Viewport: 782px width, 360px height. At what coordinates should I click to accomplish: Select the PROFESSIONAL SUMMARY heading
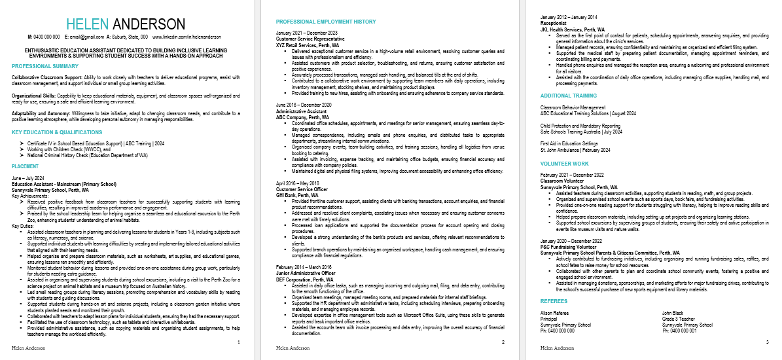(x=45, y=66)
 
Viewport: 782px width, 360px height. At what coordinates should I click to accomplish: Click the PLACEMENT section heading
(x=26, y=166)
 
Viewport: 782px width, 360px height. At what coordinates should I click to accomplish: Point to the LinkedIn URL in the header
(x=196, y=37)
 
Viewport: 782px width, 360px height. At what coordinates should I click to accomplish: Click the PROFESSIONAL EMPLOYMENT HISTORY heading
(x=326, y=22)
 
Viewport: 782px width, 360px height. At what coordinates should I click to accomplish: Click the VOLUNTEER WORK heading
(x=565, y=164)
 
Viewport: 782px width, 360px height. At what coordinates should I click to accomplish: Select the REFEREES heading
(x=554, y=301)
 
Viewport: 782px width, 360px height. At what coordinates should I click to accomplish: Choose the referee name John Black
(x=673, y=314)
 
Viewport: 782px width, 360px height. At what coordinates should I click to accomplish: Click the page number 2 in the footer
(x=502, y=342)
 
